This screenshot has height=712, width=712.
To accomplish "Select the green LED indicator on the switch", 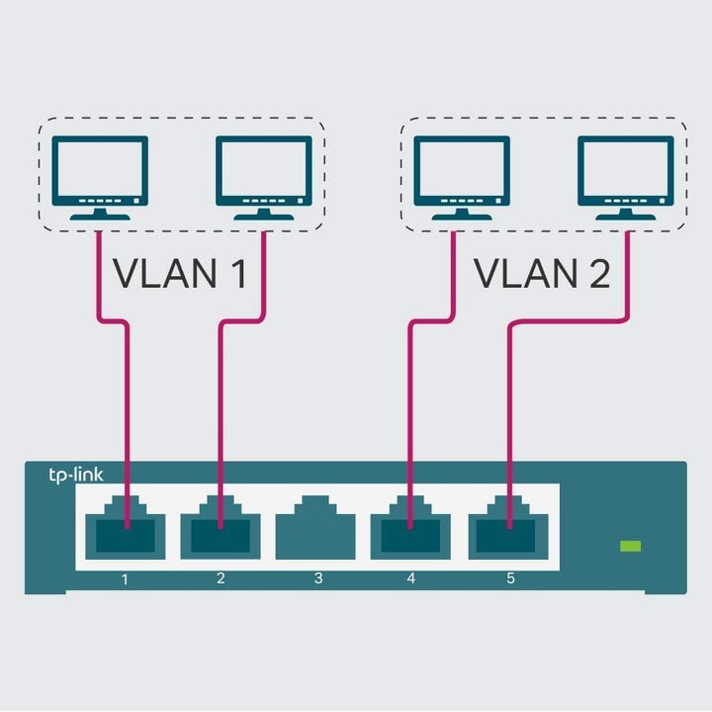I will click(x=630, y=546).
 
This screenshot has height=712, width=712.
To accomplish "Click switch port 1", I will click(x=126, y=529).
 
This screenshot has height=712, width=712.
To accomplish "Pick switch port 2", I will click(x=221, y=529).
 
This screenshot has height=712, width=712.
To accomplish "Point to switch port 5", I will click(x=507, y=529).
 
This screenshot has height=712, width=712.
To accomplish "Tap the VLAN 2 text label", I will click(x=542, y=274).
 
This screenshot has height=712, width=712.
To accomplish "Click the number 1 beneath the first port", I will click(x=126, y=578).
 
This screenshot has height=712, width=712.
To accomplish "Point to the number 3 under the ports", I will click(x=317, y=578).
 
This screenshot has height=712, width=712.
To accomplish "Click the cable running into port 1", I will click(x=127, y=415).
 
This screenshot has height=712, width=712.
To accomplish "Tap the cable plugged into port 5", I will click(x=508, y=415).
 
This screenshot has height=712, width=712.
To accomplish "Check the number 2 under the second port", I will click(x=221, y=578).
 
